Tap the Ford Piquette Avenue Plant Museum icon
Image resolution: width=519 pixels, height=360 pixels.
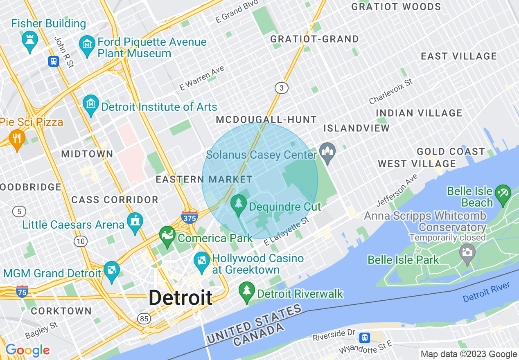[x=87, y=43]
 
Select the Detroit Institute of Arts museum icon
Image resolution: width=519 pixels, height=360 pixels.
[x=91, y=104]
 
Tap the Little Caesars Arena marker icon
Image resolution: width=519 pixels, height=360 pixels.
[x=135, y=222]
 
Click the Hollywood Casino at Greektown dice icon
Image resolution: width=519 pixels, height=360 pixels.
[x=202, y=261]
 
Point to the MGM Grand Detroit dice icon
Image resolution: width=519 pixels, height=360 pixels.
[x=111, y=270]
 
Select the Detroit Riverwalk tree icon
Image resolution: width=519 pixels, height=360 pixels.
[x=246, y=291]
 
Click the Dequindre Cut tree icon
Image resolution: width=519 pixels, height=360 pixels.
[x=239, y=203]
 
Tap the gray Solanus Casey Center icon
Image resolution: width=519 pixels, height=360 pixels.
[x=327, y=152]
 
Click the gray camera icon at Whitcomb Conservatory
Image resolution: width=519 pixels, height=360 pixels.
[x=467, y=252]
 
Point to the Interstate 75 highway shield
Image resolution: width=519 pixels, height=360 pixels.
[x=22, y=292]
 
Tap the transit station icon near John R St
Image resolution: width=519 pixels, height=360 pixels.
[x=53, y=61]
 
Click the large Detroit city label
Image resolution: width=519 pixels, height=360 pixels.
[x=181, y=297]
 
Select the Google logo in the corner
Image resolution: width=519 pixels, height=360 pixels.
[x=27, y=351]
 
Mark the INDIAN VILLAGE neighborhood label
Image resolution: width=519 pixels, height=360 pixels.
[x=419, y=113]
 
